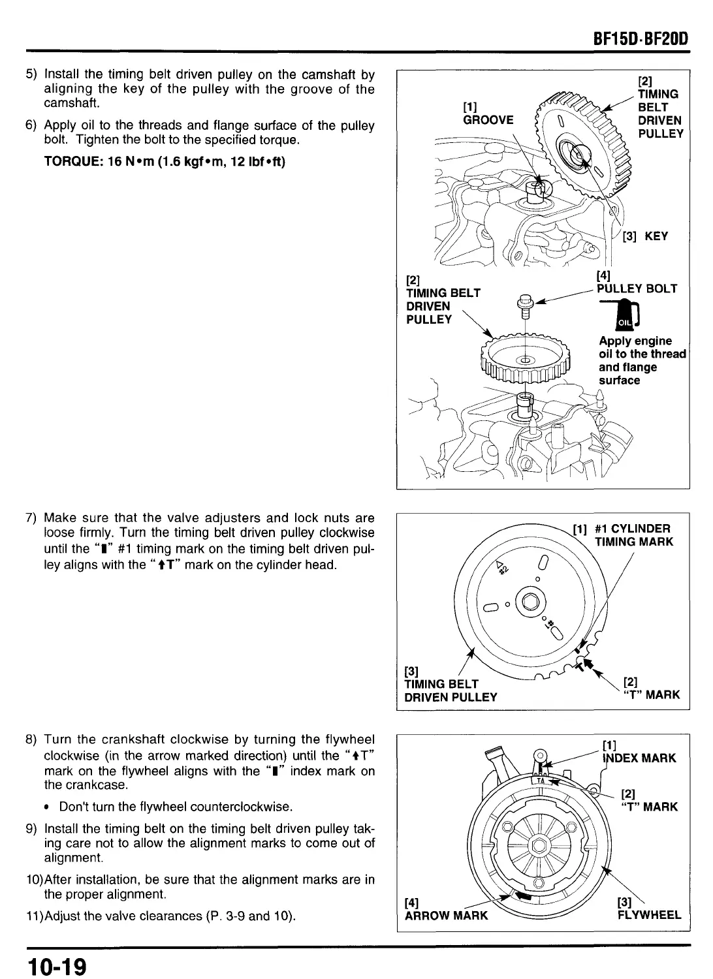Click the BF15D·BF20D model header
[x=641, y=39]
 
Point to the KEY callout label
[x=656, y=236]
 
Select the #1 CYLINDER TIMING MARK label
[x=632, y=535]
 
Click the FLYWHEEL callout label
[x=649, y=915]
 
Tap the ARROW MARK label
[x=446, y=916]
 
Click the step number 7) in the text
[x=33, y=518]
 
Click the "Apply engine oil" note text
[x=642, y=360]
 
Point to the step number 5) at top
[x=33, y=74]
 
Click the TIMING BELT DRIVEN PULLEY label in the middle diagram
[x=451, y=691]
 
